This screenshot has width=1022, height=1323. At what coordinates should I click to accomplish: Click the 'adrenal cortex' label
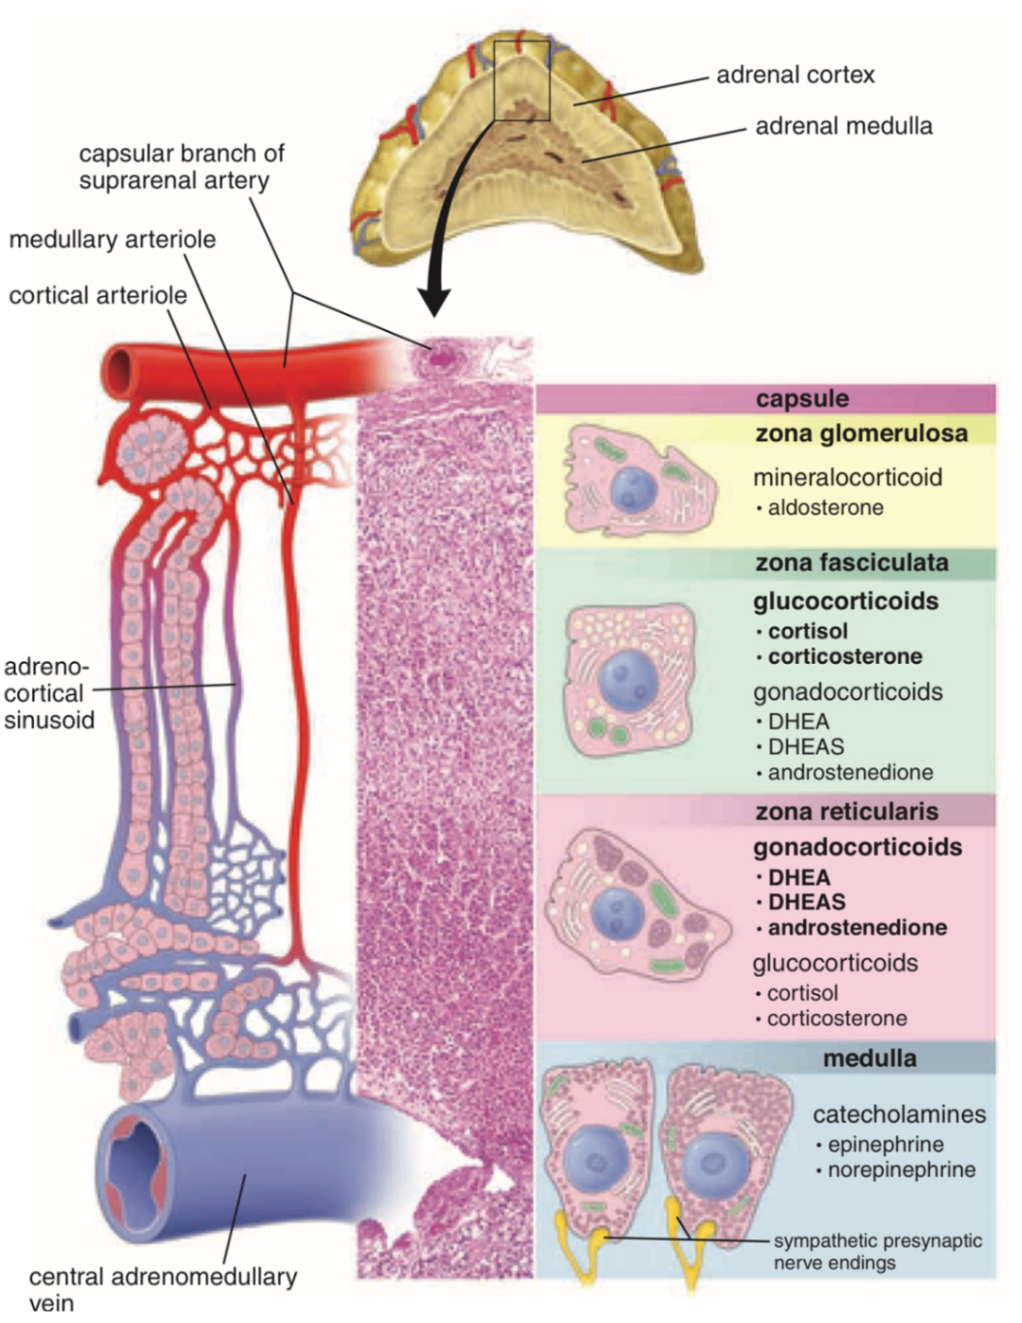point(795,75)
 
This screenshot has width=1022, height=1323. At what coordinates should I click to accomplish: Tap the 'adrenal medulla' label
point(843,126)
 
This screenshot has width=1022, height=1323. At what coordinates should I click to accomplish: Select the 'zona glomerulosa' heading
point(860,433)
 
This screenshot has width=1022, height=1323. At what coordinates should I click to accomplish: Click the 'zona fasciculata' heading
point(851,562)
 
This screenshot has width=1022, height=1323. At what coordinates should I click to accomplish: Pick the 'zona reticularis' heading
point(846,811)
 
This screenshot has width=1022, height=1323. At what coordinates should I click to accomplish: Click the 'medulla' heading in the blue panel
point(869,1058)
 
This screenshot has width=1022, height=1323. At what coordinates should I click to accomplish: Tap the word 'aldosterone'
point(825,507)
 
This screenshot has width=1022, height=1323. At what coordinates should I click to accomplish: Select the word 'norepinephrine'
point(901,1169)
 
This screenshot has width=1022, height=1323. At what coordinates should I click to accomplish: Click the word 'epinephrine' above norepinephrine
point(886,1144)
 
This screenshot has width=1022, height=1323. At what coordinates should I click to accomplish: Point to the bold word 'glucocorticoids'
point(845,601)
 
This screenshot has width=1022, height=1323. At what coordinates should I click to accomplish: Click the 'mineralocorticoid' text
point(847,477)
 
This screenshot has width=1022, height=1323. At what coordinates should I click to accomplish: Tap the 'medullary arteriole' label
point(112,239)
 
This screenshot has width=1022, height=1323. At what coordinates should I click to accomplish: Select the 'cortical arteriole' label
point(98,295)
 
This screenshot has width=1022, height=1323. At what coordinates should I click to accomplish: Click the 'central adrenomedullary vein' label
point(162,1288)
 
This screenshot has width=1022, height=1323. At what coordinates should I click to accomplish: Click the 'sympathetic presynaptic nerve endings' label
point(877,1251)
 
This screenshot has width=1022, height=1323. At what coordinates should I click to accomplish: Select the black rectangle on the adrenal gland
point(522,80)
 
